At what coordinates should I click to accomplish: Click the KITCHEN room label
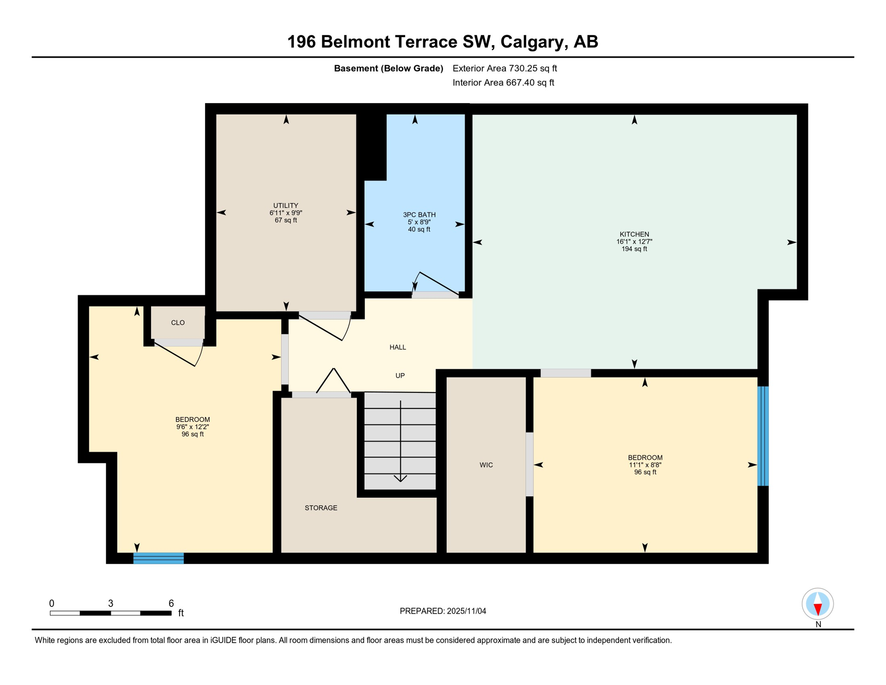[x=634, y=234]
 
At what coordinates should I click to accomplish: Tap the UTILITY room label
[x=286, y=206]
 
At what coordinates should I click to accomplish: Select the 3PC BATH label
[x=419, y=215]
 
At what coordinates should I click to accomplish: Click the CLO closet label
[x=178, y=322]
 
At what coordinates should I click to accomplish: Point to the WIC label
[x=486, y=465]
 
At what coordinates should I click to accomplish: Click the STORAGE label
[x=321, y=508]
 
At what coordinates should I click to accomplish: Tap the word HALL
[x=398, y=347]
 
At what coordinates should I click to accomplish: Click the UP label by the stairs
[x=400, y=376]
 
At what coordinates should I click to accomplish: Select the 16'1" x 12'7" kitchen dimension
[x=634, y=242]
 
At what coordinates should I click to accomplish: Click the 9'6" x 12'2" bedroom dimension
[x=193, y=427]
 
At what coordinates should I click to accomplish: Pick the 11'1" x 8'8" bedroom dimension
[x=644, y=465]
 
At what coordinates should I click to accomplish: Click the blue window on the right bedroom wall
[x=763, y=436]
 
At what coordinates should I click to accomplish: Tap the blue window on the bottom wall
[x=159, y=558]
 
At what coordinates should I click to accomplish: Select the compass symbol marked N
[x=817, y=604]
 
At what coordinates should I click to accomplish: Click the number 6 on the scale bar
[x=171, y=603]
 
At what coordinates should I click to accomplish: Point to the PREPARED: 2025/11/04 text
[x=443, y=611]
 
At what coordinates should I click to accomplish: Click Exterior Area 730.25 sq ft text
[x=505, y=68]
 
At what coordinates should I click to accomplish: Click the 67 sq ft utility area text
[x=286, y=220]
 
